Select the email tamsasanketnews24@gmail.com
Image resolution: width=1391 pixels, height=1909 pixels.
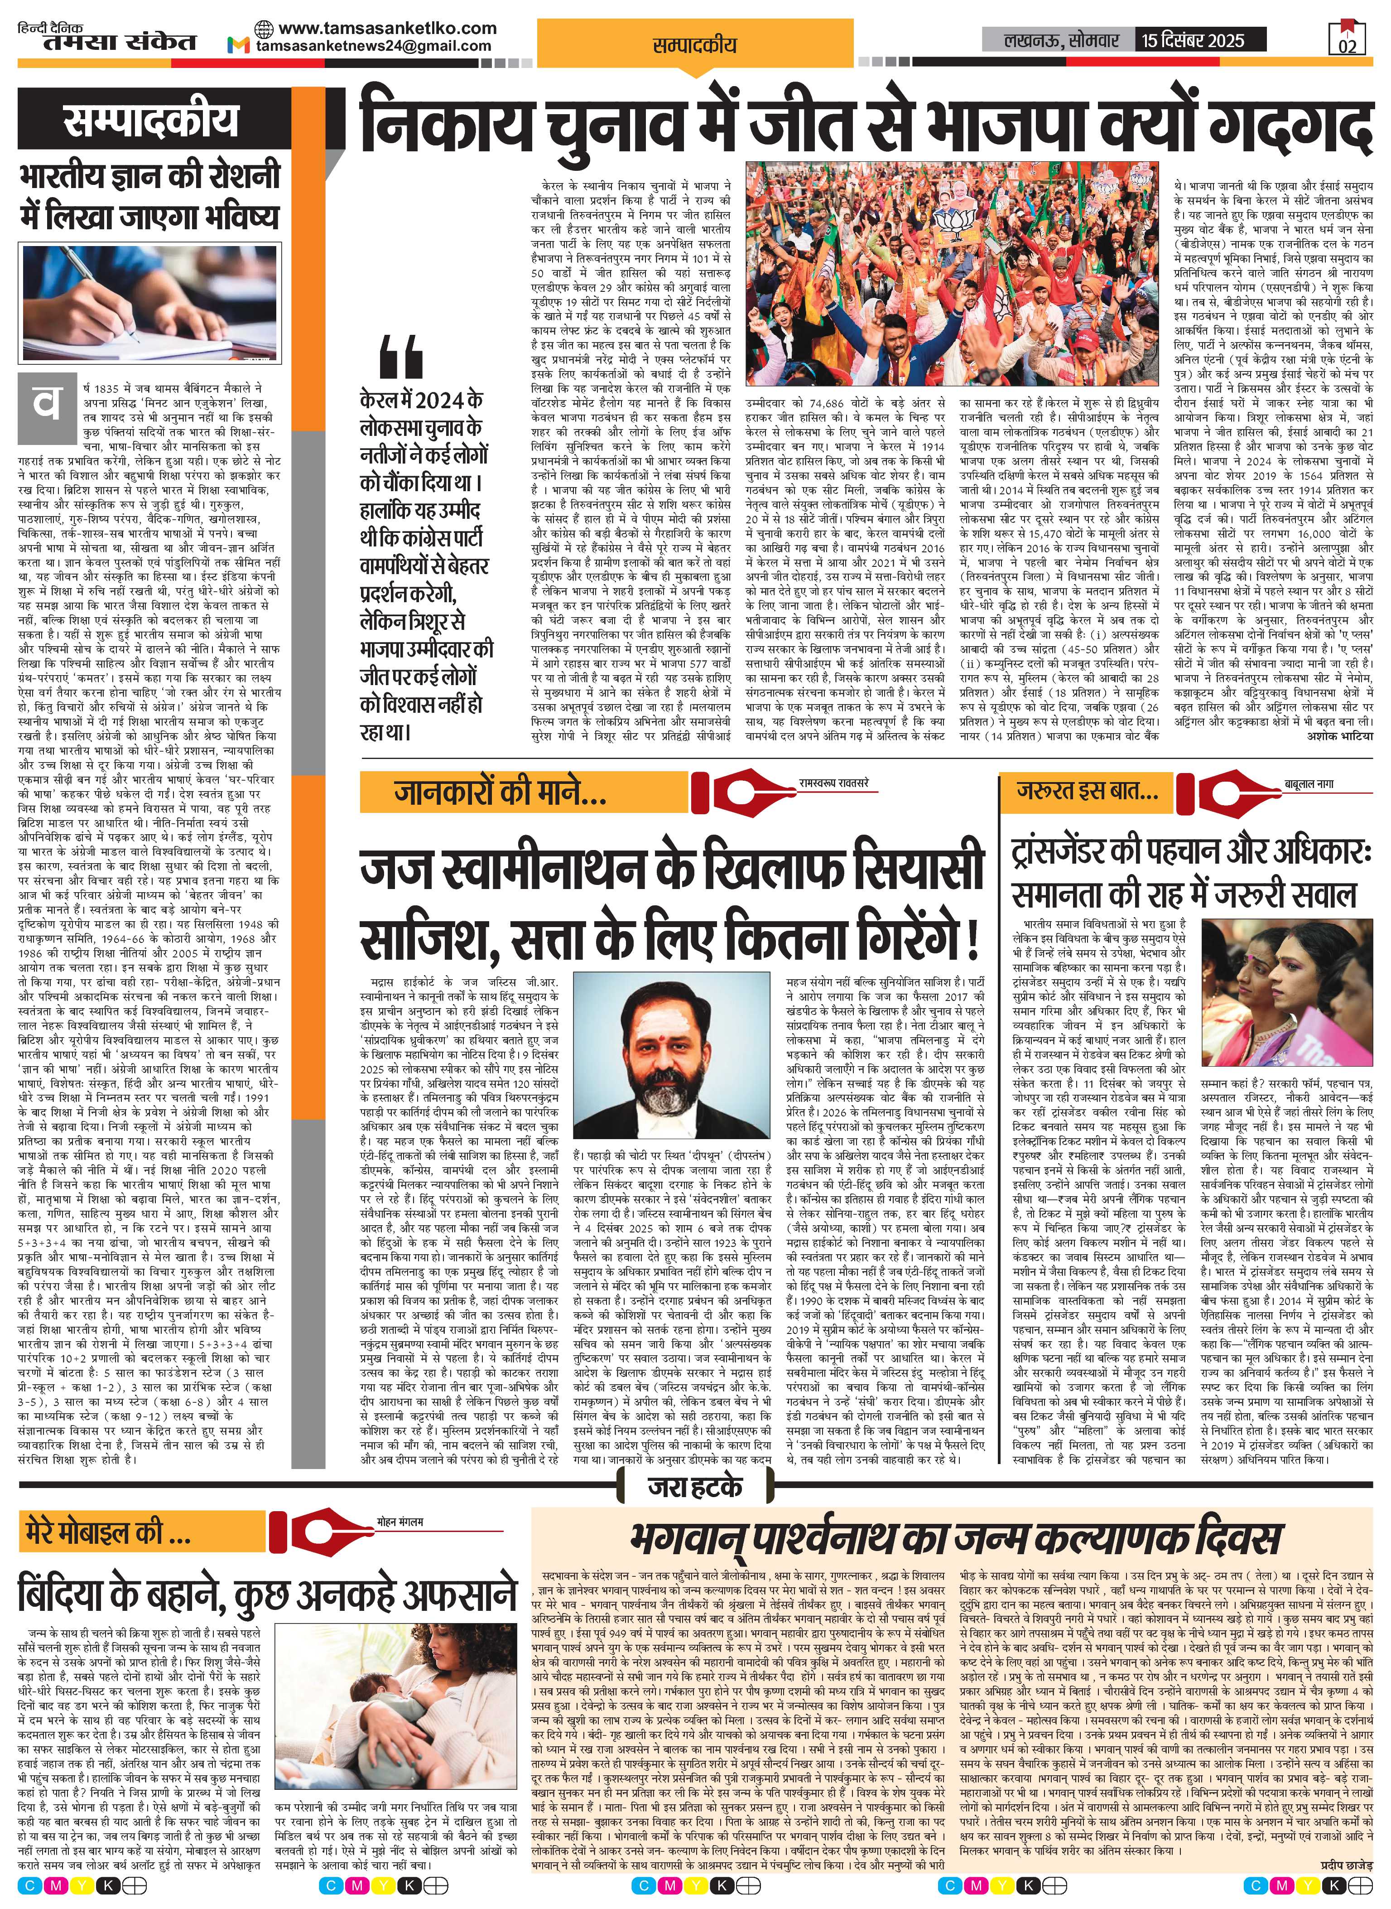[374, 46]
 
